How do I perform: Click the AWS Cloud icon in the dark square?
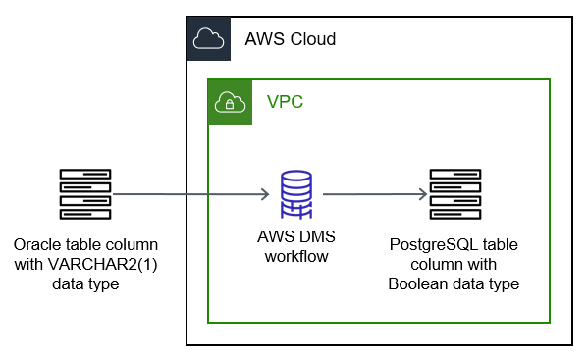[207, 38]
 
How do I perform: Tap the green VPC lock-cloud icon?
[228, 101]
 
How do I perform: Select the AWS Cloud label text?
[290, 39]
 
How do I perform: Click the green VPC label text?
[286, 101]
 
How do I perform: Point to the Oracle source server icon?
[84, 194]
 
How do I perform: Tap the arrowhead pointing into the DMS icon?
[265, 194]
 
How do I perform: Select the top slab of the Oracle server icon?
[84, 175]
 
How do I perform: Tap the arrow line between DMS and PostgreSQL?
[373, 194]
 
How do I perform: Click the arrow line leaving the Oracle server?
[187, 194]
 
